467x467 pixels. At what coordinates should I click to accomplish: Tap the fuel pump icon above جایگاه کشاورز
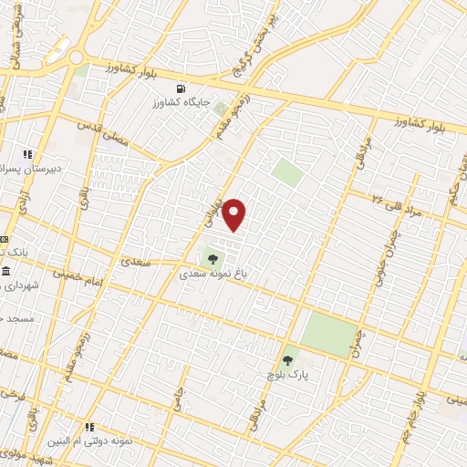(181, 89)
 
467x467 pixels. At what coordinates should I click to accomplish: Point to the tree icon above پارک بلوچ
(289, 360)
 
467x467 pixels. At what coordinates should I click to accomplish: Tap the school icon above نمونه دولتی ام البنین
(89, 427)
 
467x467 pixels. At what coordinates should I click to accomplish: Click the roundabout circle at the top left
(77, 57)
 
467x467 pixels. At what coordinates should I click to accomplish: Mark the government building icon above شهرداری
(6, 272)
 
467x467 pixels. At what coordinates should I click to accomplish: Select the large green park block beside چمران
(329, 334)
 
